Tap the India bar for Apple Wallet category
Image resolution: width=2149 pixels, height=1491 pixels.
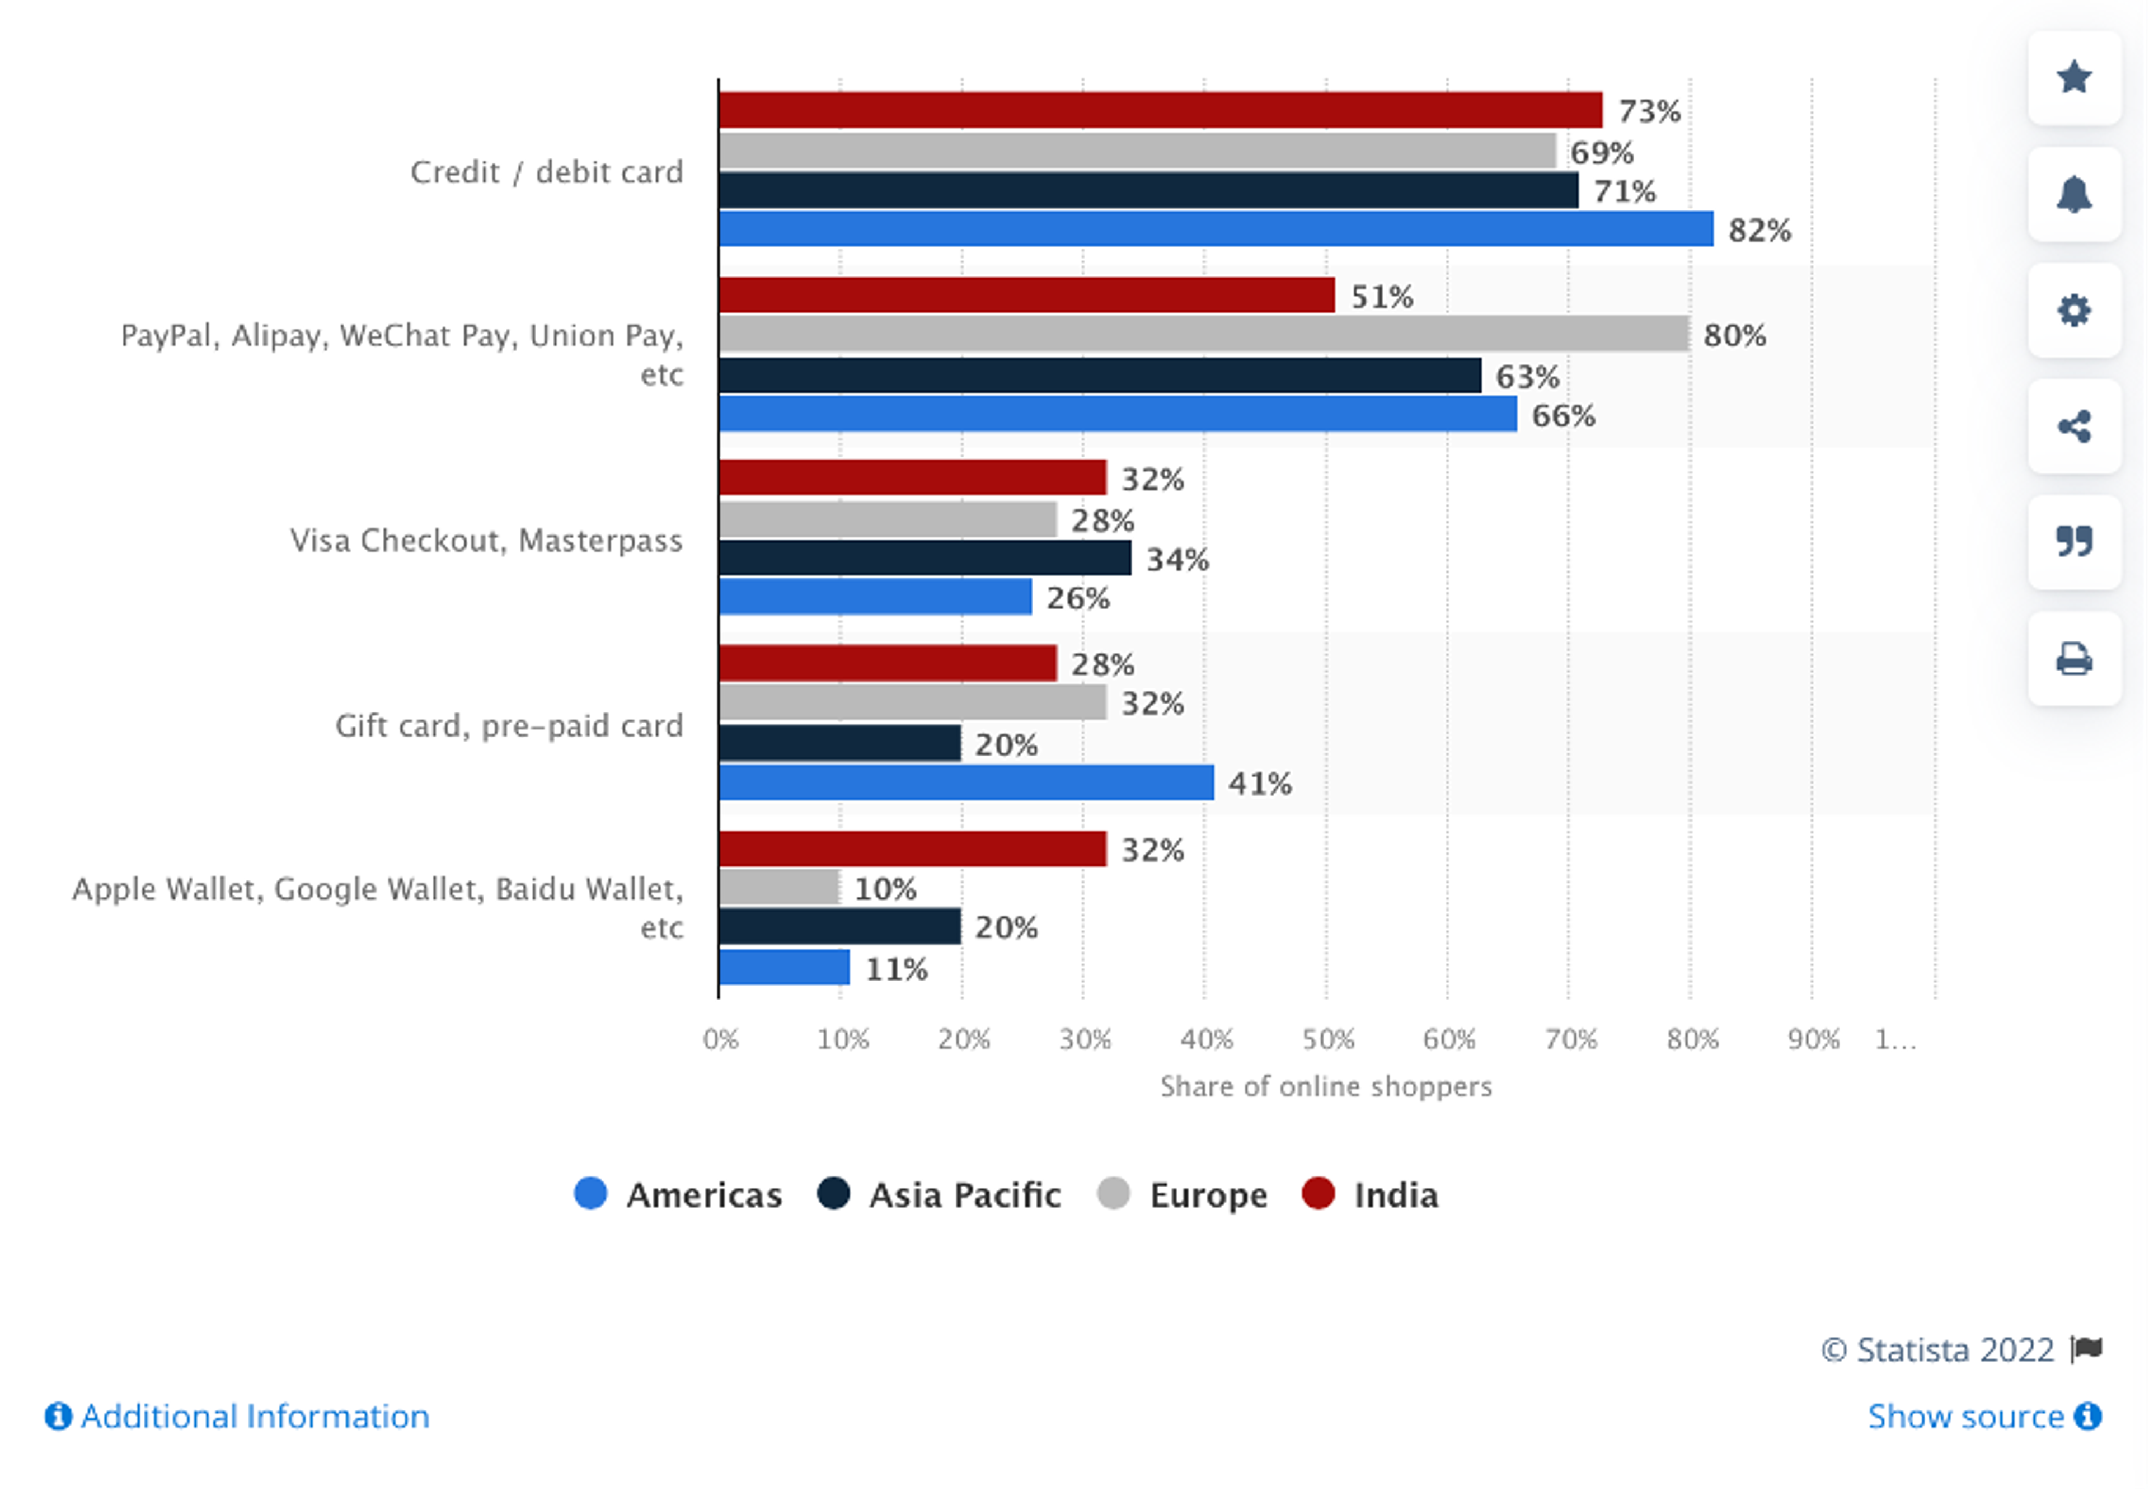coord(912,848)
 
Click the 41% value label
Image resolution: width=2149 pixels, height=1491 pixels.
coord(1260,784)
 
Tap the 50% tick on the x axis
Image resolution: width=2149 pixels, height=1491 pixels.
coord(1327,1039)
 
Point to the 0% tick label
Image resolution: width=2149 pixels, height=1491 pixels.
coord(720,1039)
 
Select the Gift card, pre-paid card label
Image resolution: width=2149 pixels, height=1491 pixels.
coord(509,726)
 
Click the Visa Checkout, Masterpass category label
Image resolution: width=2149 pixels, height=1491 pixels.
coord(486,541)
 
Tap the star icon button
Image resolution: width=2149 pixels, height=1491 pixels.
coord(2073,78)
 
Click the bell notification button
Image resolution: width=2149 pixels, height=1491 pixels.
coord(2073,194)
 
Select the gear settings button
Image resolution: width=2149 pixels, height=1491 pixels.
coord(2073,310)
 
